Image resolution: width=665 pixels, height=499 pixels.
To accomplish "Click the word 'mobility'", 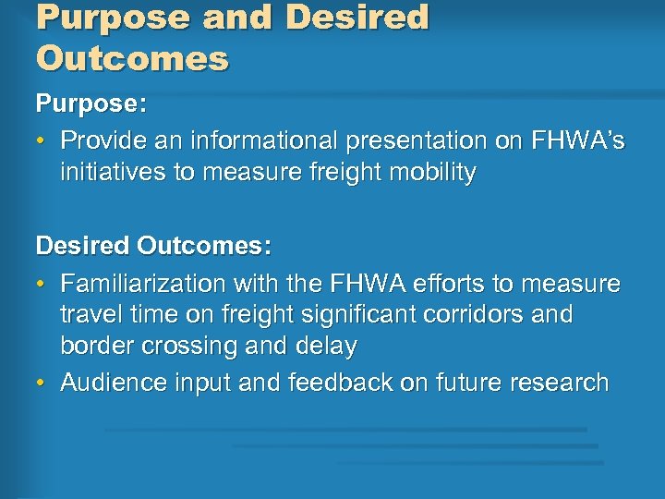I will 428,173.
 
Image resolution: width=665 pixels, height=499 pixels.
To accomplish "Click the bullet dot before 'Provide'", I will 43,141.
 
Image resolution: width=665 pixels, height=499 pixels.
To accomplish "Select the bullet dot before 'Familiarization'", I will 43,284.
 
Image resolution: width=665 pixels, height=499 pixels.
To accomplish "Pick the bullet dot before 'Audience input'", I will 43,383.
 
